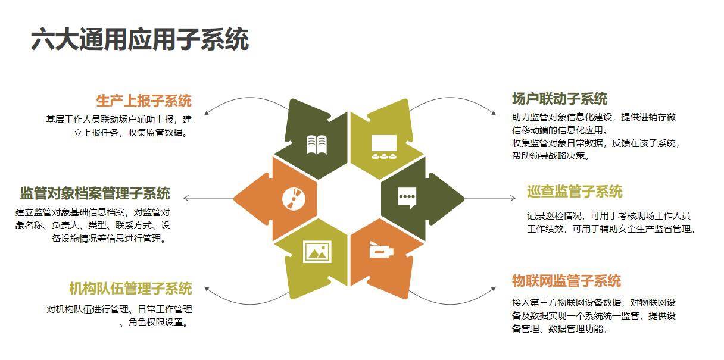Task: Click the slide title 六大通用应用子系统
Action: coord(139,39)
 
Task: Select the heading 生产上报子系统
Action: coord(143,101)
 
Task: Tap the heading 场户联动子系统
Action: coord(559,99)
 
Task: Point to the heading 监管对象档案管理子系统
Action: coord(95,193)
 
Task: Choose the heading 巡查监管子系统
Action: coord(574,192)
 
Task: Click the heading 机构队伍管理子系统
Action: coord(130,289)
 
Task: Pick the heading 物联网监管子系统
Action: coord(566,281)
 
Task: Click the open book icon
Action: coord(316,145)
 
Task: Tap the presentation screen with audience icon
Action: coord(383,146)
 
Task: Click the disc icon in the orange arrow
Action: coord(292,198)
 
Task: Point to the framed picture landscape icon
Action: coord(317,252)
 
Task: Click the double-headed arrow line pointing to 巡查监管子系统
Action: coord(489,198)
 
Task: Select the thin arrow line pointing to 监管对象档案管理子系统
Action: coord(208,198)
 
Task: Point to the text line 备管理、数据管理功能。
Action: coord(560,328)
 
